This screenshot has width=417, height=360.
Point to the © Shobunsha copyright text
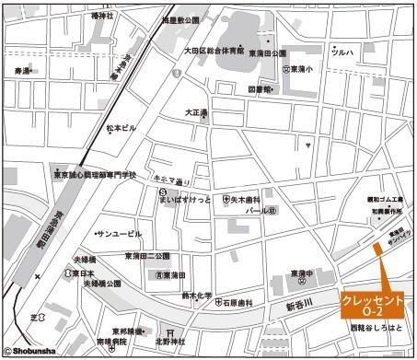[x=36, y=351]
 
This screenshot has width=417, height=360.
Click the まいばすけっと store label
[x=186, y=198]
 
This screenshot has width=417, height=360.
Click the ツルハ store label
[x=342, y=53]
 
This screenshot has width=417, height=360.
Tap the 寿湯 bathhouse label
[x=22, y=70]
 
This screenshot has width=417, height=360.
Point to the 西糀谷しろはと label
[x=376, y=328]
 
